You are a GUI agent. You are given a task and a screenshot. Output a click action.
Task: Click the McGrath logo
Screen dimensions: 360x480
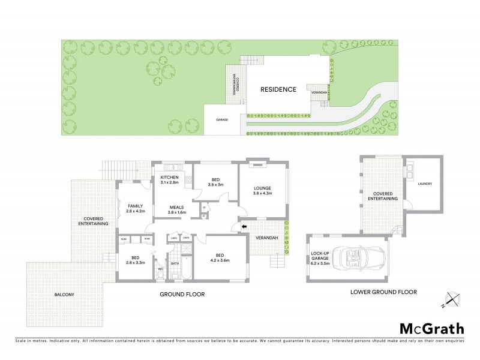click(x=432, y=328)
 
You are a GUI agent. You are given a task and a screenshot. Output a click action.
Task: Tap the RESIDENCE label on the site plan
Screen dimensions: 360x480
click(x=278, y=89)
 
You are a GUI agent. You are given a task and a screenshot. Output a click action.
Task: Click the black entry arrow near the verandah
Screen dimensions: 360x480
click(x=243, y=226)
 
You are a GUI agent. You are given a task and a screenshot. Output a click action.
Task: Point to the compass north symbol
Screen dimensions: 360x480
click(x=451, y=299)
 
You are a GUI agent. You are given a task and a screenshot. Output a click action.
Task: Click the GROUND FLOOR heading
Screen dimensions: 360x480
click(x=182, y=295)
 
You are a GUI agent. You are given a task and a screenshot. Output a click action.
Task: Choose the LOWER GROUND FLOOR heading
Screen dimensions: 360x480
click(x=383, y=292)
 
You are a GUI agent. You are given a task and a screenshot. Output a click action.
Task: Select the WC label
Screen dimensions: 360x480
click(x=161, y=269)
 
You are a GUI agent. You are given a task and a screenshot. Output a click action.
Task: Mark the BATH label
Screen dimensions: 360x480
click(x=175, y=262)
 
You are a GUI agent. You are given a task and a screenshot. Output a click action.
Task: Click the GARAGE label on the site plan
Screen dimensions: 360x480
click(x=222, y=120)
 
